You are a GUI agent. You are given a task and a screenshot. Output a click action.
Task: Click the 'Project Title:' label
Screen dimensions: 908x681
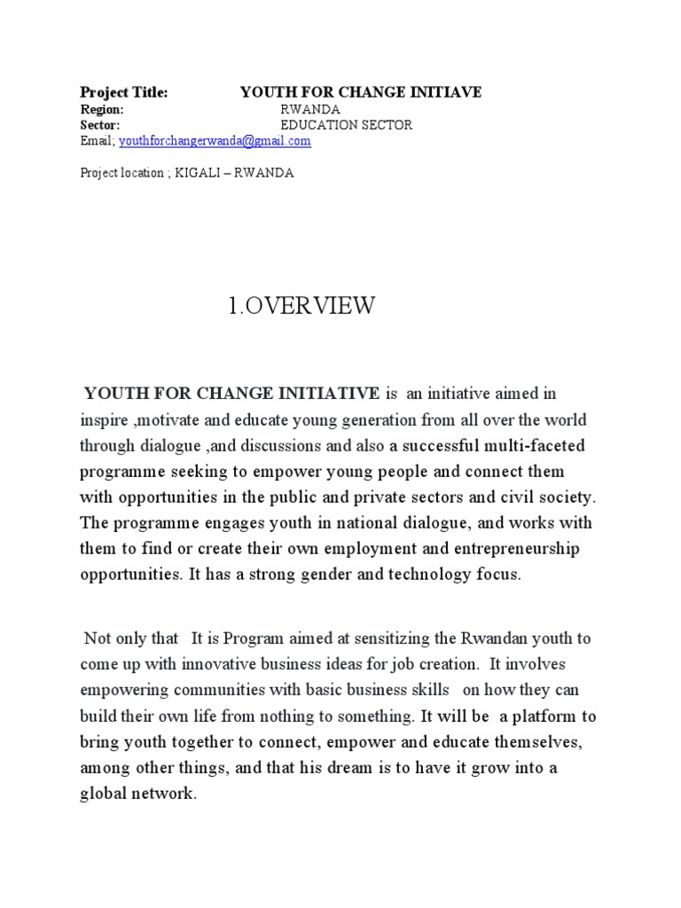coord(123,92)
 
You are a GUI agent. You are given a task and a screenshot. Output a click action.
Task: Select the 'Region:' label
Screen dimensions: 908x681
coord(102,109)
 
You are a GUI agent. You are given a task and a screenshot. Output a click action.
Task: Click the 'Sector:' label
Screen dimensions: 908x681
coord(100,125)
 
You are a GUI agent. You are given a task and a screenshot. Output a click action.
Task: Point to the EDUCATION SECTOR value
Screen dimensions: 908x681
coord(346,125)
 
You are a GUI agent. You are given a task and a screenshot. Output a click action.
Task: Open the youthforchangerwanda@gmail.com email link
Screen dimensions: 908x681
coord(215,141)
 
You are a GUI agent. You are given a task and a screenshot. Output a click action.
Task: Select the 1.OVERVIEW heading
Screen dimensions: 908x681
coord(301,307)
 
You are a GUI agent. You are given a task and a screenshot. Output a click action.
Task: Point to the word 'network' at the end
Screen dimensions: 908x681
coord(161,794)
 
